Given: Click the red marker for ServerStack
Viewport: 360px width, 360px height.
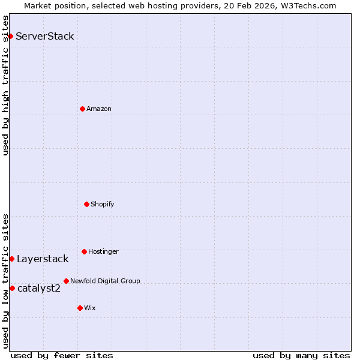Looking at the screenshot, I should coord(10,36).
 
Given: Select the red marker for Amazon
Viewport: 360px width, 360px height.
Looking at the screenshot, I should coord(82,109).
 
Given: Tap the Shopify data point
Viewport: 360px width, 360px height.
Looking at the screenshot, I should coord(86,204).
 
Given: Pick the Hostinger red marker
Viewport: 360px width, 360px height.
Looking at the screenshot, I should coord(84,251).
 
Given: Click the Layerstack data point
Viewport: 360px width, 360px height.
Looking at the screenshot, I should coord(11,259).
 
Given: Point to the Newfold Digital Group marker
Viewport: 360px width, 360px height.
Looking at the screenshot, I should coord(66,281).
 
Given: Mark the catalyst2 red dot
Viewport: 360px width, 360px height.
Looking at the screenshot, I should coord(12,288).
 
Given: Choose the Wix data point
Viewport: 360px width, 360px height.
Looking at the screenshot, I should coord(80,308).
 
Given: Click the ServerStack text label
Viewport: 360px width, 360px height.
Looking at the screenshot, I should coord(45,36).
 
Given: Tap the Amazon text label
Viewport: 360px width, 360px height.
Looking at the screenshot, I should coord(99,109).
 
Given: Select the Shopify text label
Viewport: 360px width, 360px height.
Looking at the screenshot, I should coord(103,204).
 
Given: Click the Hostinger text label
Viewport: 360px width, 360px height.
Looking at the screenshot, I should coord(103,251).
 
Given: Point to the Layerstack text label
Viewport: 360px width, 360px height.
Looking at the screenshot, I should coord(43,259).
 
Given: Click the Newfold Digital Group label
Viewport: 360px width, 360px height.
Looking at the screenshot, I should coord(105,281).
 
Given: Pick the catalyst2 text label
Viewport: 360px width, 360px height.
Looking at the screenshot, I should coord(39,289).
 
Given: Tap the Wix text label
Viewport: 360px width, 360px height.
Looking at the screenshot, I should coord(90,308).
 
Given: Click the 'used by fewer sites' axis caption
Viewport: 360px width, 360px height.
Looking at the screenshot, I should coord(62,355).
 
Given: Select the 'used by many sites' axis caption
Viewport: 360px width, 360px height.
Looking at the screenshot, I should coord(301,355).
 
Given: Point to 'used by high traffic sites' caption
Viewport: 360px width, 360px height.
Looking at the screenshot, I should coord(5,85).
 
